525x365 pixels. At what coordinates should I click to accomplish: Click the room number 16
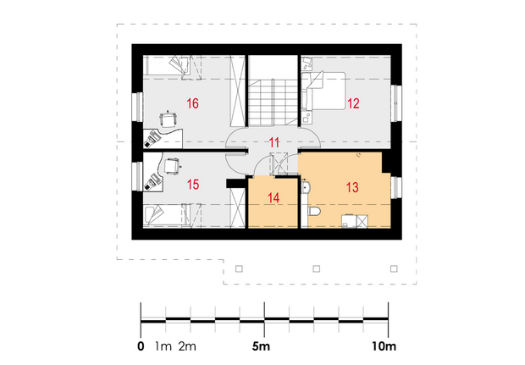pos(192,103)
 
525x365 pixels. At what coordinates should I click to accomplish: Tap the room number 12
pos(353,103)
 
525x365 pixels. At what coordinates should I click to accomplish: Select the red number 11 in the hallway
pos(274,142)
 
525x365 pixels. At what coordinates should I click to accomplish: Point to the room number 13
pos(352,187)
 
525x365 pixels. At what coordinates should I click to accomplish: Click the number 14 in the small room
pos(274,198)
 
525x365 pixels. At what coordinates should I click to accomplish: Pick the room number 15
pos(193,185)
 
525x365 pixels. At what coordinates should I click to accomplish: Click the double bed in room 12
pos(323,91)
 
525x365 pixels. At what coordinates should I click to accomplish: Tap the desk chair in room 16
pos(169,119)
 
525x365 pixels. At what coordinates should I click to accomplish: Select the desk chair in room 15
pos(172,166)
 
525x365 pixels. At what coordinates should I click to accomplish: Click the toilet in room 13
pos(314,212)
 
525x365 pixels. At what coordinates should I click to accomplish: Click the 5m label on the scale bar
pos(261,346)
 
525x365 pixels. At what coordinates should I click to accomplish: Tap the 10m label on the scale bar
pos(384,346)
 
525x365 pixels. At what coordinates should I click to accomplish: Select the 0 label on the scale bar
pos(141,346)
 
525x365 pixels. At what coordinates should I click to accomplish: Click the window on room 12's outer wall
pos(396,103)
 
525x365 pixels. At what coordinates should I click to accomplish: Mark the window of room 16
pos(137,107)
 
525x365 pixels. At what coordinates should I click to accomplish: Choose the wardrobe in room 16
pos(238,91)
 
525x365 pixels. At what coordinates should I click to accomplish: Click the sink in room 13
pos(305,187)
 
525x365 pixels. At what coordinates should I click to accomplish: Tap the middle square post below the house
pos(316,268)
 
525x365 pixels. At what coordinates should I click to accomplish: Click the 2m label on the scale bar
pos(187,346)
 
